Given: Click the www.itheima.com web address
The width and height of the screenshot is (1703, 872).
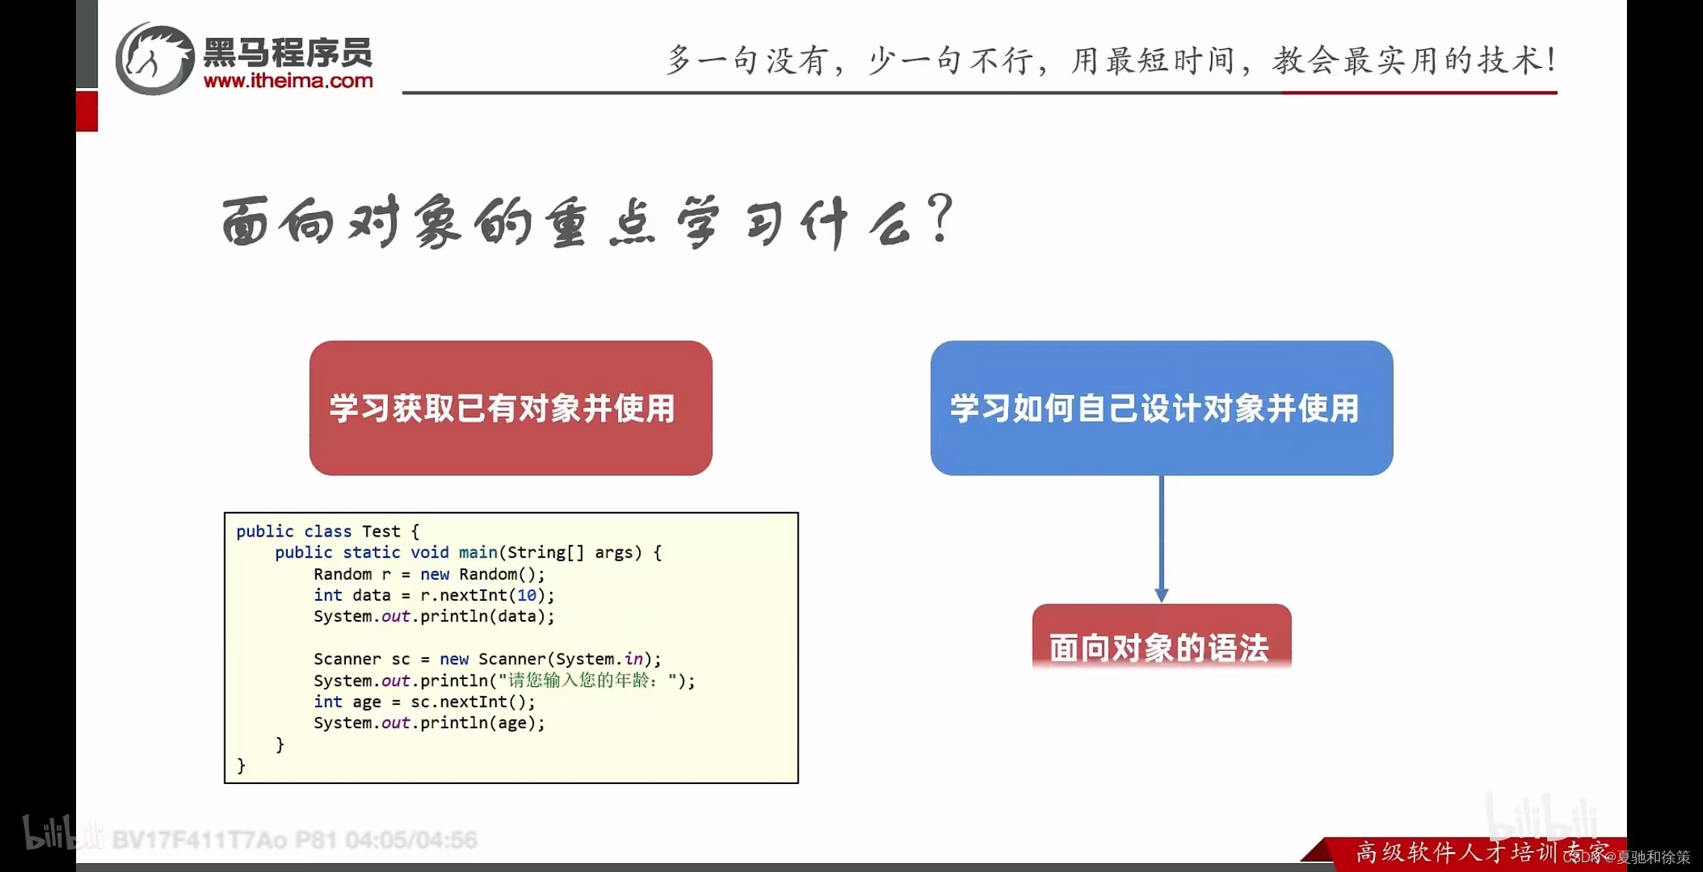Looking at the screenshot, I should coord(288,80).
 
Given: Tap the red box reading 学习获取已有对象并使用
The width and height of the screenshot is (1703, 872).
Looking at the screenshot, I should coord(511,408).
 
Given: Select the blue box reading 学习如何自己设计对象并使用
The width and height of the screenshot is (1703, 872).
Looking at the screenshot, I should coord(1161,408).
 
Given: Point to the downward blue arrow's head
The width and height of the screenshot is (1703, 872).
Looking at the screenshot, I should coord(1161,595).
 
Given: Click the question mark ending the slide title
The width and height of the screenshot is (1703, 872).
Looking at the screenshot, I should coord(942,218).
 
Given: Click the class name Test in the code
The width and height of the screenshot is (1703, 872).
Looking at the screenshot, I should coord(381,531).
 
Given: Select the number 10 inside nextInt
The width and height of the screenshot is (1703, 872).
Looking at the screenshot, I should coord(526,595).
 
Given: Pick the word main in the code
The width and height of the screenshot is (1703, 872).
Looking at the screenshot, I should coord(478,552).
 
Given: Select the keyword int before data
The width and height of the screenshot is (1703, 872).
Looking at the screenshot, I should coord(327,595).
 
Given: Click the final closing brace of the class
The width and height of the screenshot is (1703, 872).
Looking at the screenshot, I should coord(241,765).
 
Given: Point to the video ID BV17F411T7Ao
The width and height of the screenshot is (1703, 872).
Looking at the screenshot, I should coord(199,840).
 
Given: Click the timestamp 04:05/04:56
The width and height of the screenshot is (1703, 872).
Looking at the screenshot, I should coord(411,840).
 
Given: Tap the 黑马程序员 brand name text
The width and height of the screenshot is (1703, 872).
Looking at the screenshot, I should coord(288,53).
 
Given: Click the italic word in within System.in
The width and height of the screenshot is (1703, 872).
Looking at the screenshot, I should coord(634,659).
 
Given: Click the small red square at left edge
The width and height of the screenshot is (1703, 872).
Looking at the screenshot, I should coord(86,111).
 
